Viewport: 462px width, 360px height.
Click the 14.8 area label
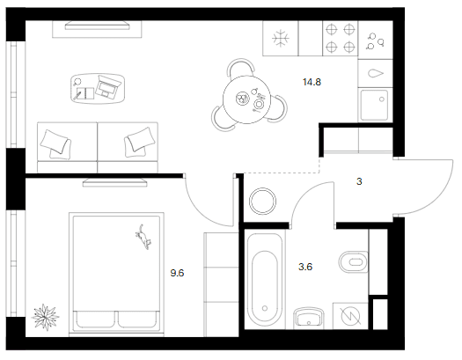tap(312, 82)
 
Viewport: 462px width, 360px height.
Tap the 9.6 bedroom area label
tap(177, 273)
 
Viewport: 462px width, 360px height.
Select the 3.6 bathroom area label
tap(305, 267)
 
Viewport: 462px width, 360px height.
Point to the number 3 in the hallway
tap(359, 181)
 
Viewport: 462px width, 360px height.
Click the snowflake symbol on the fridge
tap(281, 39)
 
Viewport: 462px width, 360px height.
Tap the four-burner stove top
tap(341, 38)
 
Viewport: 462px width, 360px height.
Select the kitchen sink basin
tap(374, 105)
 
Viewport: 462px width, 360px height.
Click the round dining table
tap(246, 99)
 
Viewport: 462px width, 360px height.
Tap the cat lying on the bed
tap(143, 237)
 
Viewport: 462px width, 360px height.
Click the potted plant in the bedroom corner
tap(46, 317)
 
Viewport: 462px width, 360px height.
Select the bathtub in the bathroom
tap(265, 280)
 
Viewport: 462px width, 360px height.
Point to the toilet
tap(354, 262)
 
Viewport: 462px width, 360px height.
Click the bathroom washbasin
tap(309, 318)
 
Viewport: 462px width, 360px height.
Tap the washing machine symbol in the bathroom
tap(350, 316)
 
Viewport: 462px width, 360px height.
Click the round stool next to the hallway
tap(262, 202)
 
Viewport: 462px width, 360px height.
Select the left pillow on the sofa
tap(55, 141)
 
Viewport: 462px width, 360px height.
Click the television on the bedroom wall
tap(115, 182)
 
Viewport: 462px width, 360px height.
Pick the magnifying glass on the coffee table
tap(77, 82)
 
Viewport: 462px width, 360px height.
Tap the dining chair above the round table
tap(241, 67)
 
